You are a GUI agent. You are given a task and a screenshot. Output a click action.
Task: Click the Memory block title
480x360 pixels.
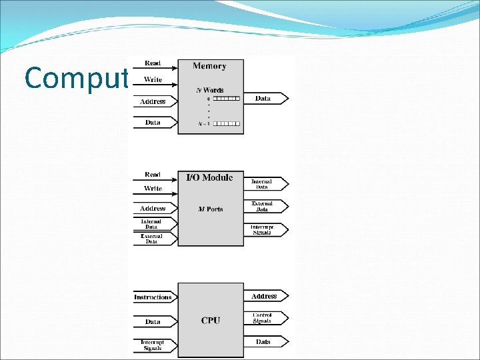coord(209,66)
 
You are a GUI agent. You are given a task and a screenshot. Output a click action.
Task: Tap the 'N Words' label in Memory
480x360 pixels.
coord(209,90)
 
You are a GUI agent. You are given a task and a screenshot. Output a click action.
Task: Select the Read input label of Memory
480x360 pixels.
coord(153,63)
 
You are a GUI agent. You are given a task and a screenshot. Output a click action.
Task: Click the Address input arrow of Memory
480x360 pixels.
coord(155,101)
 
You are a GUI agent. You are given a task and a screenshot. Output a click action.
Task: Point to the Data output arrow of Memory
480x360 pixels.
coord(266,99)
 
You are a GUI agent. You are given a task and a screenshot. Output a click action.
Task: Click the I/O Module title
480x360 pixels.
coord(209,177)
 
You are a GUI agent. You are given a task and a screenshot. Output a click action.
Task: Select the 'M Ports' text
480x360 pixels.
coord(211,209)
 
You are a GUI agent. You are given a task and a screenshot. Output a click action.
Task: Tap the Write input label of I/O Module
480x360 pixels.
coord(153,189)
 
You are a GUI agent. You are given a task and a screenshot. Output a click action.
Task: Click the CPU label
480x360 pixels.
coord(211,321)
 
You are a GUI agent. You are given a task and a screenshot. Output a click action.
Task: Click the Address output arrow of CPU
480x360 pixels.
coord(266,296)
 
